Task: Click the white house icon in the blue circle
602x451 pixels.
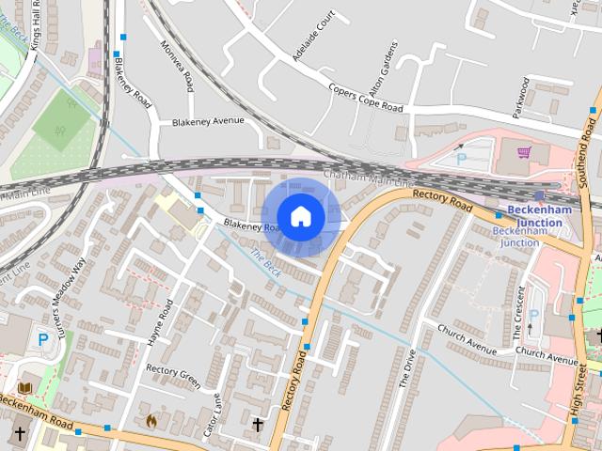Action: pos(300,217)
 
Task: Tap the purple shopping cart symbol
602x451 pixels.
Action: pos(524,152)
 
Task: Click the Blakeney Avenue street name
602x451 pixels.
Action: pos(208,121)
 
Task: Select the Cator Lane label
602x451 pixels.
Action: pos(214,413)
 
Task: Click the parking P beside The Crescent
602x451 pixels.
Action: pos(533,316)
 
